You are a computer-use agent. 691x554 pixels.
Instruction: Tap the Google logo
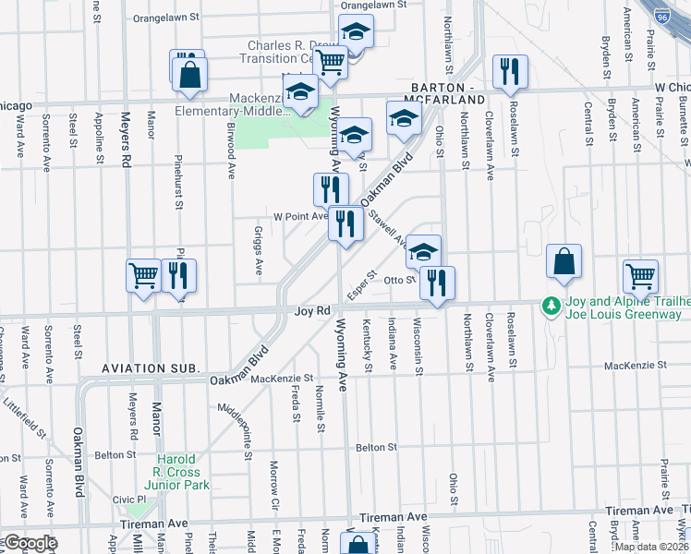point(30,544)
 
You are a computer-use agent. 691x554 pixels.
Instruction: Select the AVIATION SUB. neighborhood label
point(150,368)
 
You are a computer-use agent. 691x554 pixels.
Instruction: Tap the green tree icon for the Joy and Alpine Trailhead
point(552,304)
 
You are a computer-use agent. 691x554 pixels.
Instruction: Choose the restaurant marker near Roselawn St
point(509,72)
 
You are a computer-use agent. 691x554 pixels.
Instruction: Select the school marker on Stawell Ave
point(423,252)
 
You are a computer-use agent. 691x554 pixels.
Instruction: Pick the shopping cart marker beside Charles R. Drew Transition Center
point(329,62)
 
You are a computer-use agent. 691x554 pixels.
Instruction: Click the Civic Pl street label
point(129,500)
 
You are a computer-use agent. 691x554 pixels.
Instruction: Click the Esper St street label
point(360,284)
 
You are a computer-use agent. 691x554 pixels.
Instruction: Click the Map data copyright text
point(651,547)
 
